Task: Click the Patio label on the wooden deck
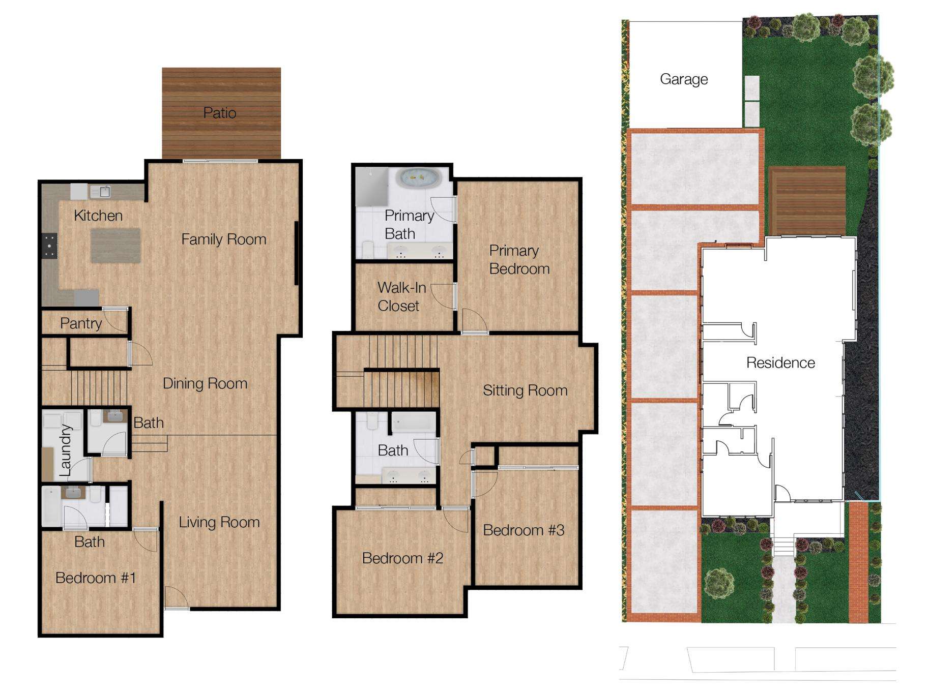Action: click(220, 113)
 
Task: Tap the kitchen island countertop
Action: click(115, 246)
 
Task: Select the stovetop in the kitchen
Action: click(49, 246)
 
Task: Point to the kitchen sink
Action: click(101, 192)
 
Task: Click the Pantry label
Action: click(81, 323)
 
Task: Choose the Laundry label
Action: click(65, 450)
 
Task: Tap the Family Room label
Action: click(224, 239)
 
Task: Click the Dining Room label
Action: click(205, 383)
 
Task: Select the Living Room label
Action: click(219, 522)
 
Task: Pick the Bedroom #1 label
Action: click(96, 578)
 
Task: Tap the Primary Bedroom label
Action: click(519, 260)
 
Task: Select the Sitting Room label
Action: click(525, 390)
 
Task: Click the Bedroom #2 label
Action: click(402, 558)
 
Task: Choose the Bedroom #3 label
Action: click(524, 530)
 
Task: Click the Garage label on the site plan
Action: click(684, 79)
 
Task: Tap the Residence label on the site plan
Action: click(780, 363)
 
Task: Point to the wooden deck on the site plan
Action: click(807, 200)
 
